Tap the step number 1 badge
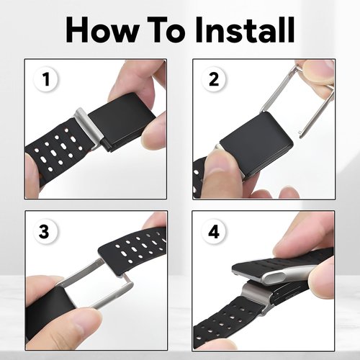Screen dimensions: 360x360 click(x=46, y=79)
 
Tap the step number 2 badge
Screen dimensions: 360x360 click(x=214, y=79)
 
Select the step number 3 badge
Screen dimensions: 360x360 click(x=44, y=232)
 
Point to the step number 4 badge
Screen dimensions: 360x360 click(x=214, y=232)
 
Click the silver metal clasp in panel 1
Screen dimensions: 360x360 click(x=89, y=127)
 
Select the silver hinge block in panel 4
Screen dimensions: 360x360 click(x=255, y=297)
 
